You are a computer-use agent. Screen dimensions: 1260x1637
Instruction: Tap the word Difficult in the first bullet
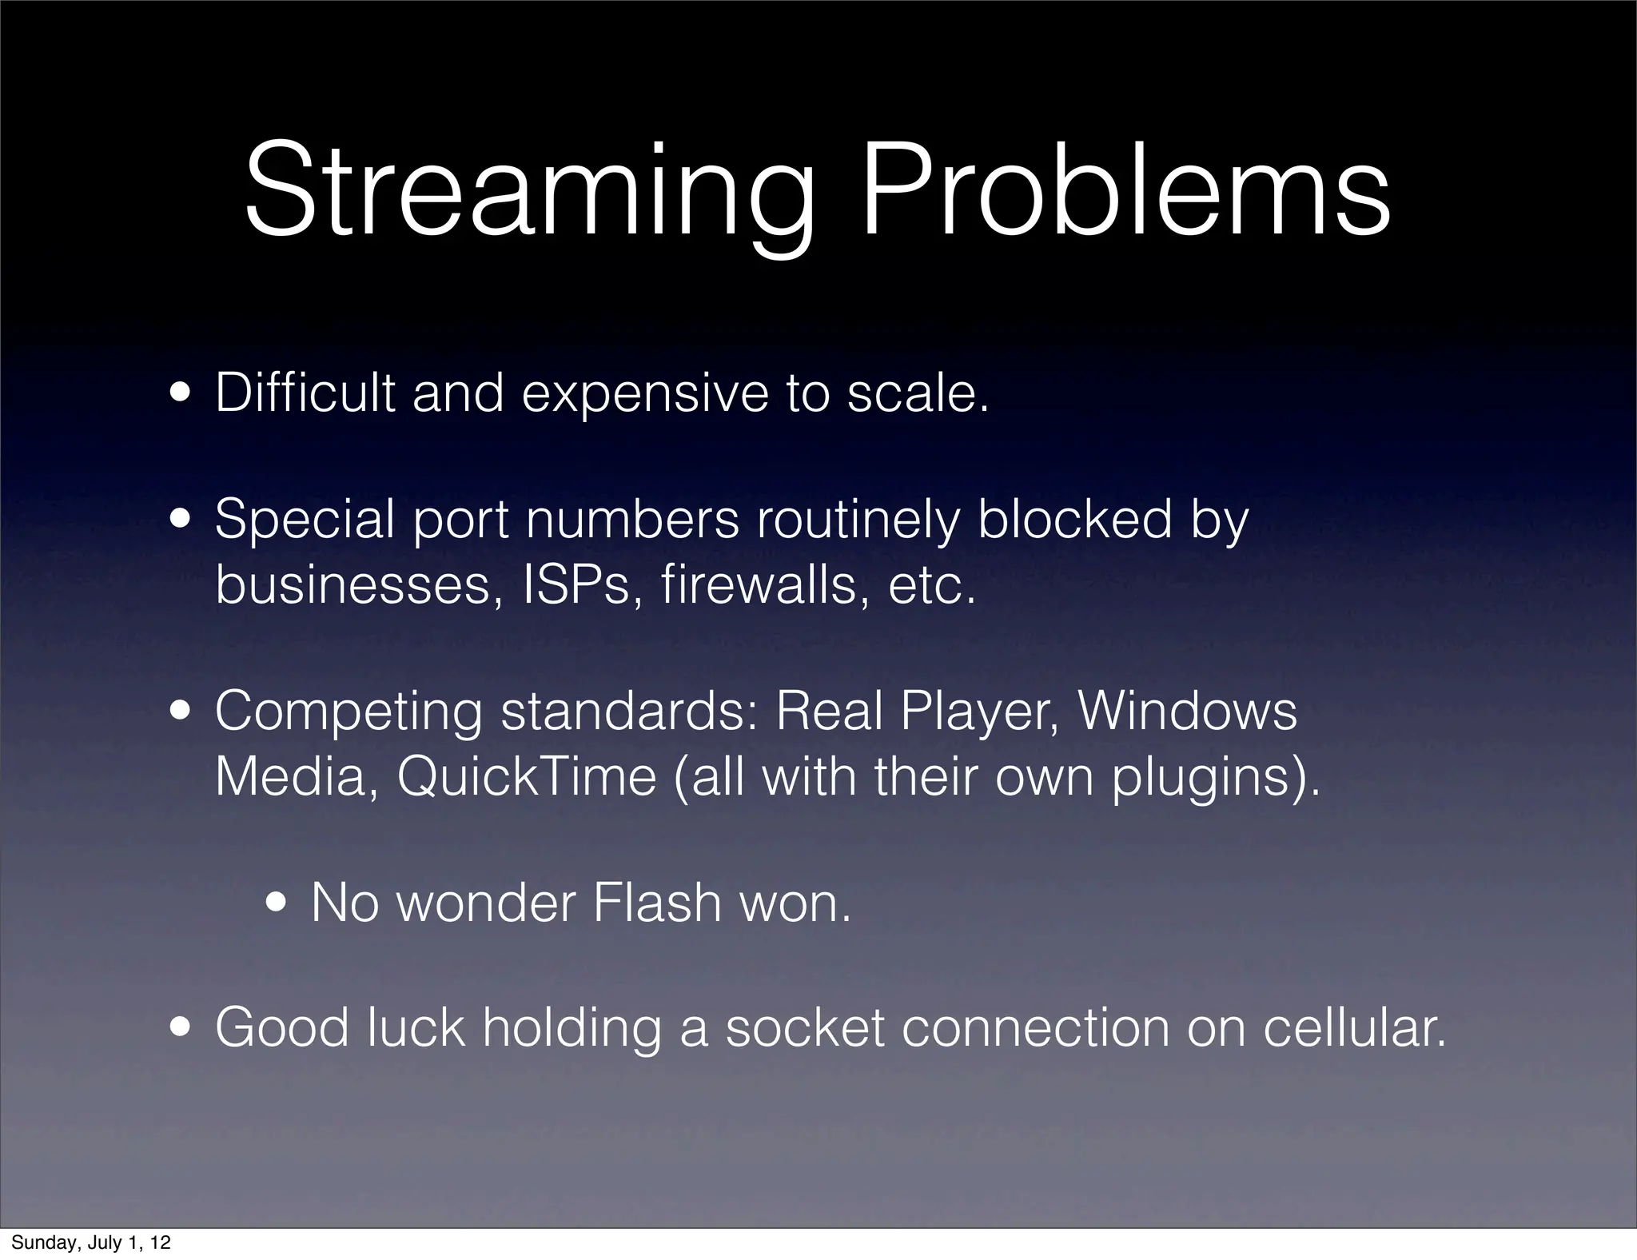[305, 393]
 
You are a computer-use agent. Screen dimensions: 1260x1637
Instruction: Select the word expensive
[646, 394]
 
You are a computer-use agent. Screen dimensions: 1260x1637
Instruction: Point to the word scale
[917, 393]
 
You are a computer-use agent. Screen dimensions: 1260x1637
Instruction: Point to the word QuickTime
[526, 776]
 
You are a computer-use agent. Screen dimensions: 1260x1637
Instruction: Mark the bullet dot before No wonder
[278, 904]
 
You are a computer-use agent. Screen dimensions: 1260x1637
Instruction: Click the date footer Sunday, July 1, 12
[91, 1242]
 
